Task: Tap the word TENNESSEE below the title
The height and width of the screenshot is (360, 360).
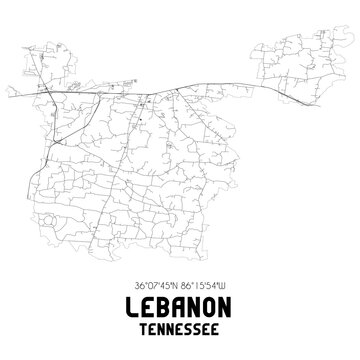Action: (x=180, y=324)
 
